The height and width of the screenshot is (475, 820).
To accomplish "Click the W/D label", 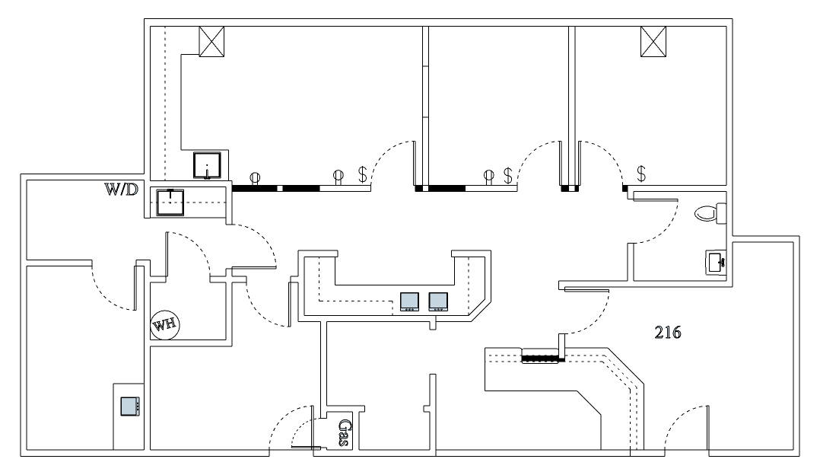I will [x=122, y=189].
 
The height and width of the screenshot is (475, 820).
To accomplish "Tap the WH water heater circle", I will [x=165, y=325].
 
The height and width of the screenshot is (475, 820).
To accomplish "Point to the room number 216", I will [x=667, y=332].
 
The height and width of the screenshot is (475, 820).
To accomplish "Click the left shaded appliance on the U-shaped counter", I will [x=410, y=301].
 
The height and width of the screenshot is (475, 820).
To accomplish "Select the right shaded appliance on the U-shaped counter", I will [x=438, y=301].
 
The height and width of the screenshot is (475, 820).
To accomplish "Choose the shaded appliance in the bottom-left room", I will [x=130, y=406].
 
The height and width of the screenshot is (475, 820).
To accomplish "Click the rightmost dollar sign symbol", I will [x=641, y=174].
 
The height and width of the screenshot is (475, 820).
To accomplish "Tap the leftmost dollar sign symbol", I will [x=362, y=174].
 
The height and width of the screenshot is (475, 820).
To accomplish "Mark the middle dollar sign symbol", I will [x=507, y=175].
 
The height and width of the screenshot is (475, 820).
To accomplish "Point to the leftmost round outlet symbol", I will [x=254, y=177].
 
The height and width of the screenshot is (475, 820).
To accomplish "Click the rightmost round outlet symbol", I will [x=488, y=177].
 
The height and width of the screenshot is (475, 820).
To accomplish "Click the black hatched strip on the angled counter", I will [x=541, y=357].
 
